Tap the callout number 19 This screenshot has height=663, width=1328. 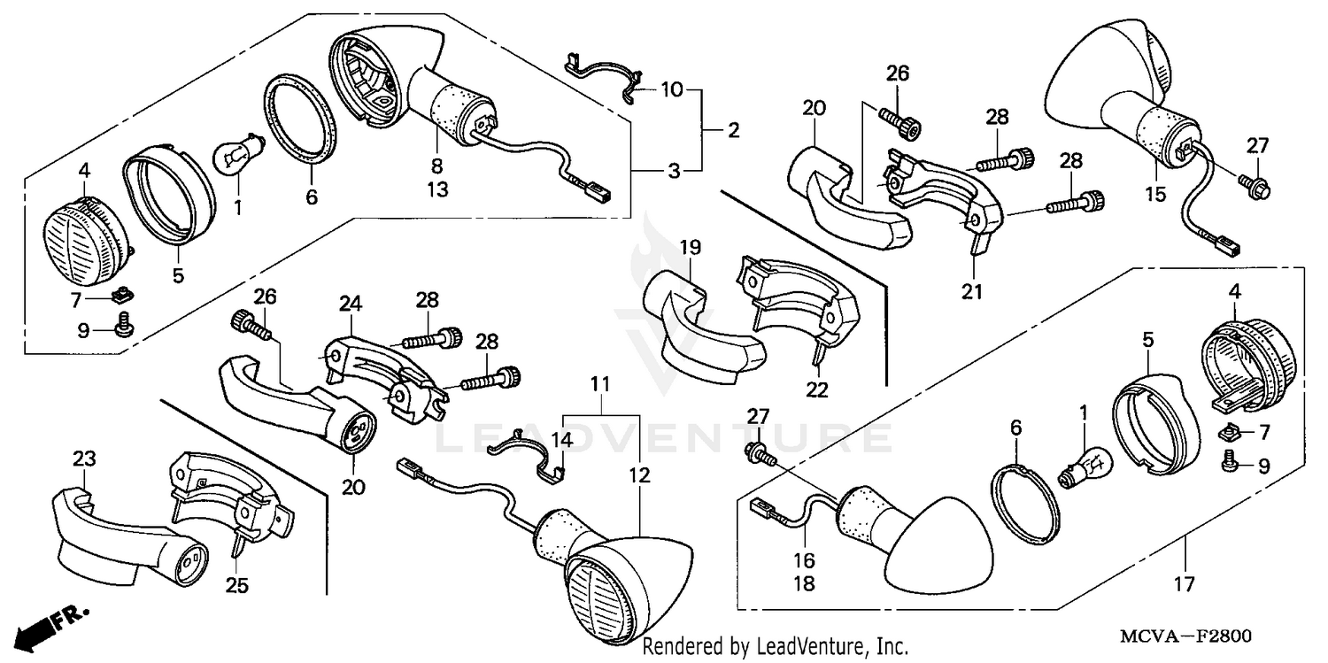[x=690, y=248]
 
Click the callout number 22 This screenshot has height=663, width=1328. [x=817, y=389]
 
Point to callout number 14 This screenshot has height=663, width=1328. [x=564, y=440]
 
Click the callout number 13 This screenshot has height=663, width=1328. [x=436, y=189]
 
